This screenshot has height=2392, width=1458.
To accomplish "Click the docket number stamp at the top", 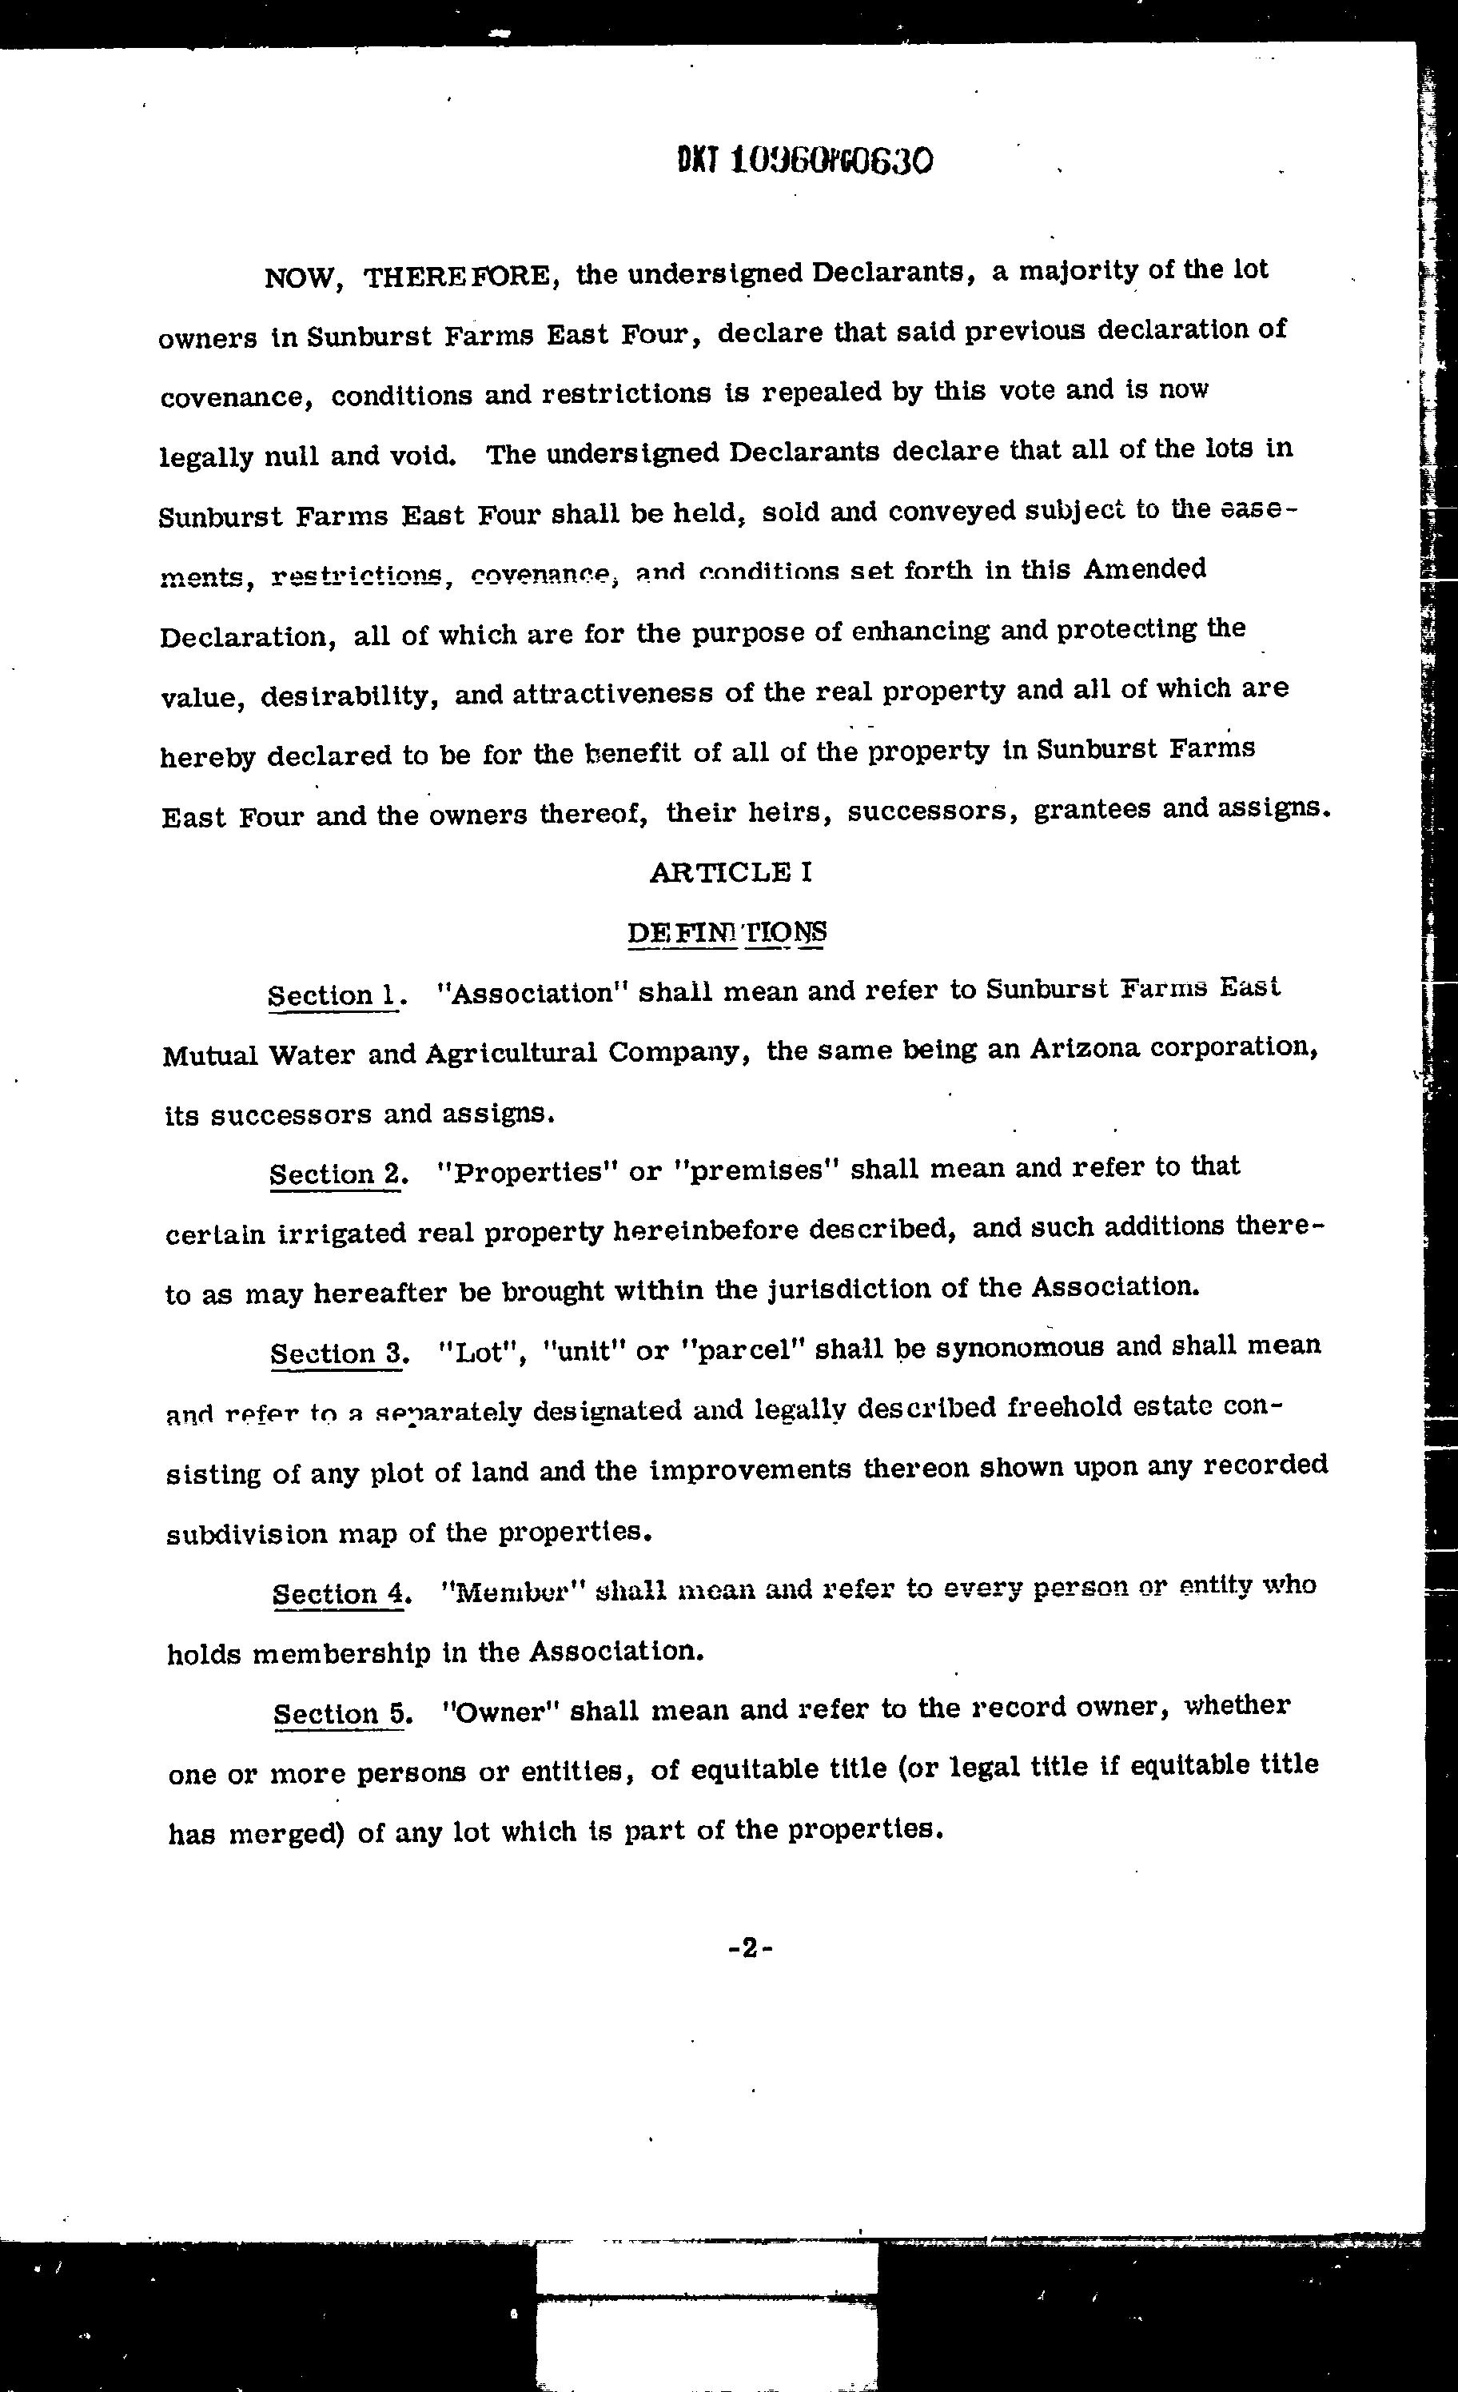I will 805,159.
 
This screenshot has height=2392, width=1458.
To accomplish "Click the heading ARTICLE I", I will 730,871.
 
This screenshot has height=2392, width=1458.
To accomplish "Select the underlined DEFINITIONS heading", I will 727,932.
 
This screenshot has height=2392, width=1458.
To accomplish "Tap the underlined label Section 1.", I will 333,995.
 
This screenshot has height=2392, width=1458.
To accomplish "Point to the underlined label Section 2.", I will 336,1174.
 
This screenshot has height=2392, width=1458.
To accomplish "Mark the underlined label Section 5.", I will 339,1713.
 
